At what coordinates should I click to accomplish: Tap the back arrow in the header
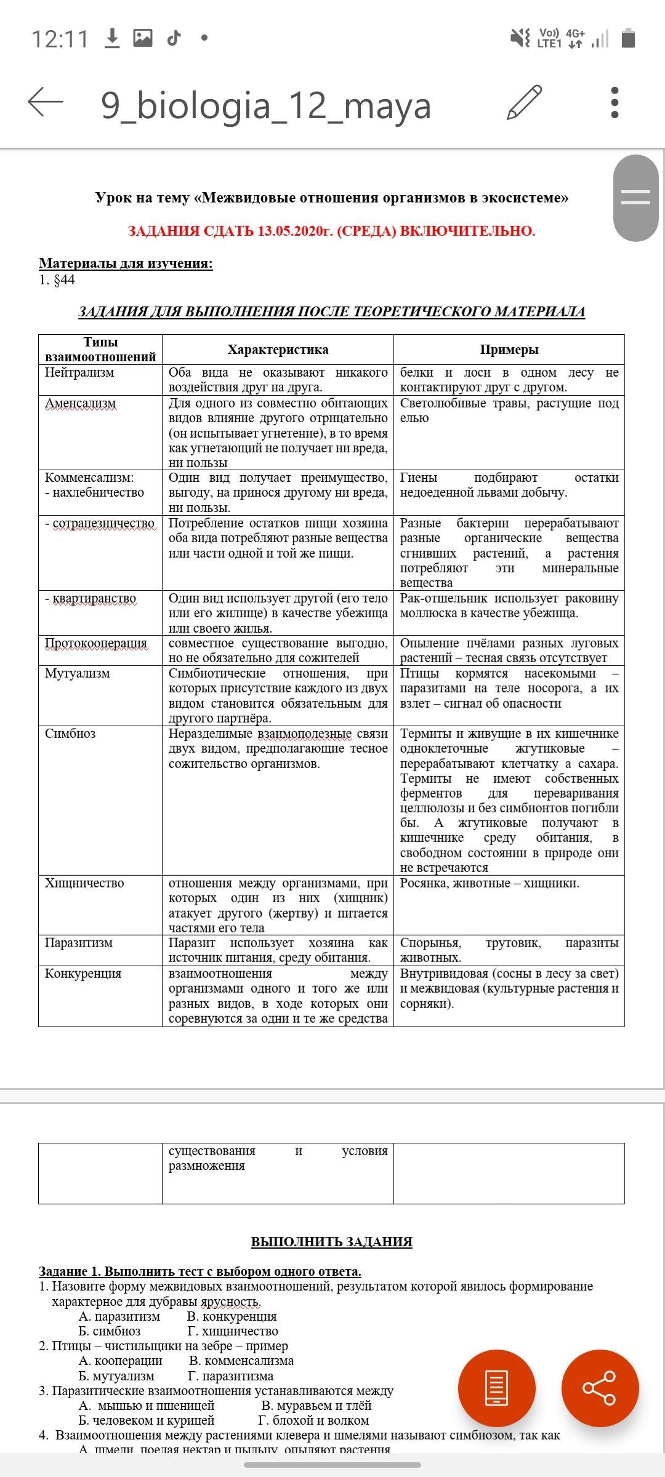click(x=46, y=102)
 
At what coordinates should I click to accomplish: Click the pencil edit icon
click(x=524, y=103)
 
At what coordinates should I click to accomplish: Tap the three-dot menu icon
click(x=614, y=103)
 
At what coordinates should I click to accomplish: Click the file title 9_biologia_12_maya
click(x=265, y=105)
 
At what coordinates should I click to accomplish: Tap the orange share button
click(x=600, y=1388)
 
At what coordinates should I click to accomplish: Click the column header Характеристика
click(x=278, y=350)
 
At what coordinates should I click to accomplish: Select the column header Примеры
click(x=509, y=350)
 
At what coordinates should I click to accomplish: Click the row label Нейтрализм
click(x=79, y=372)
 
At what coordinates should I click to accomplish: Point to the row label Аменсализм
click(x=80, y=404)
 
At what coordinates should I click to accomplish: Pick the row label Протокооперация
click(x=96, y=643)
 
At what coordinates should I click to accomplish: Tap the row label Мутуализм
click(x=78, y=673)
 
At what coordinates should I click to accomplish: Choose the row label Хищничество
click(x=84, y=883)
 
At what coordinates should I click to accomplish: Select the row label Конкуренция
click(x=83, y=974)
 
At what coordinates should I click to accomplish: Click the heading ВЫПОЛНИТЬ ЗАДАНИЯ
click(x=331, y=1242)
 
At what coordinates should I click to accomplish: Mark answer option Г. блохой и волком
click(x=313, y=1420)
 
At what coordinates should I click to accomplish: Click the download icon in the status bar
click(x=112, y=38)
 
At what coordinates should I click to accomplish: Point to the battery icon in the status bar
click(x=628, y=38)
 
